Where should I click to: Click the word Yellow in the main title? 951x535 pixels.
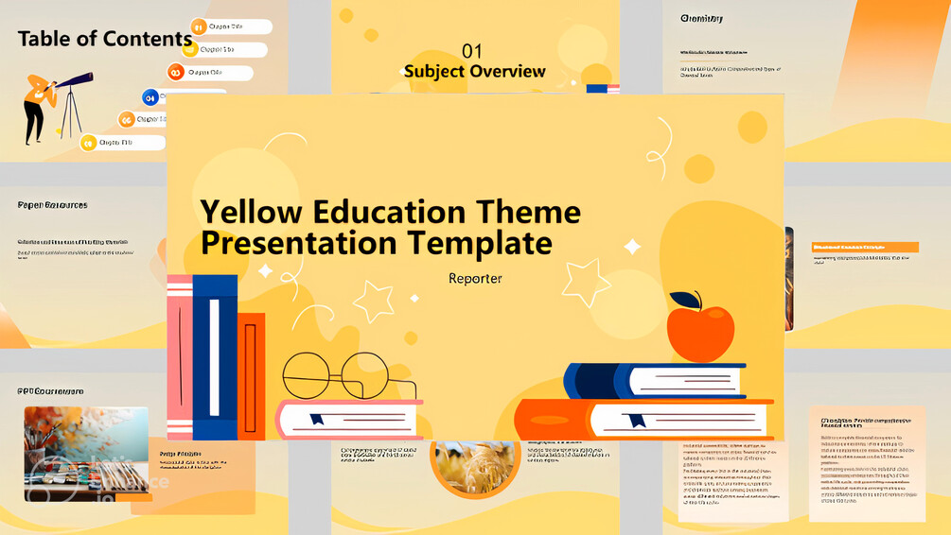click(x=250, y=211)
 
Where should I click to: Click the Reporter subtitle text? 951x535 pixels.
click(x=475, y=279)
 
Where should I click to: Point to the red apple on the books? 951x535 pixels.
click(x=699, y=333)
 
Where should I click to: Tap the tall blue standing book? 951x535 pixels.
click(x=215, y=357)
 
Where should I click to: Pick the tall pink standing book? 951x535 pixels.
click(x=180, y=357)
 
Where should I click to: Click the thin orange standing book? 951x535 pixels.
click(x=251, y=376)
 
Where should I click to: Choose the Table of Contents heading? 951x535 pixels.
click(x=104, y=39)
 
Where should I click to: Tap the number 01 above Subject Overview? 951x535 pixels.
click(x=471, y=50)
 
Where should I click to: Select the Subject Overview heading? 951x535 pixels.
click(x=474, y=72)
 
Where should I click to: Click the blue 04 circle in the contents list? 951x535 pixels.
click(x=150, y=97)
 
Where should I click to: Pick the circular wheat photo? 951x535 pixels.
click(x=472, y=464)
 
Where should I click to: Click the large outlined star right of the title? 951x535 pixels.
click(x=586, y=282)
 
